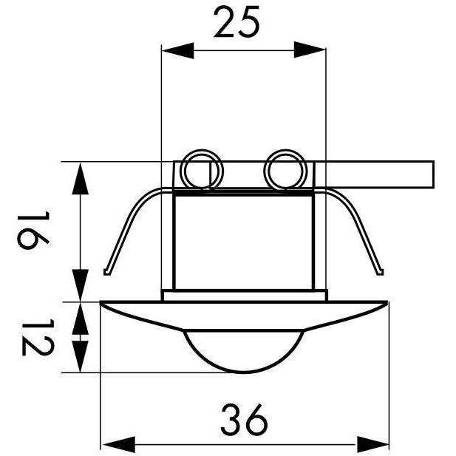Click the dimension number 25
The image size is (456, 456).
tap(236, 22)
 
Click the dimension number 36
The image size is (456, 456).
tap(245, 418)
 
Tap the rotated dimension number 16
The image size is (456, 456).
tap(33, 230)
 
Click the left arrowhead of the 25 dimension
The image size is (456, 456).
tap(177, 50)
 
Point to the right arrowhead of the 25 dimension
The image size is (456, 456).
tap(310, 50)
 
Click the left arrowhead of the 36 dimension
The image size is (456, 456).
tap(119, 444)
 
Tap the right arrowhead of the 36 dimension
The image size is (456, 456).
tap(373, 444)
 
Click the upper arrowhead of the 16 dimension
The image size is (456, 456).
tap(80, 178)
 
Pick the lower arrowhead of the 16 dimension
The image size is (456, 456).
tap(80, 285)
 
